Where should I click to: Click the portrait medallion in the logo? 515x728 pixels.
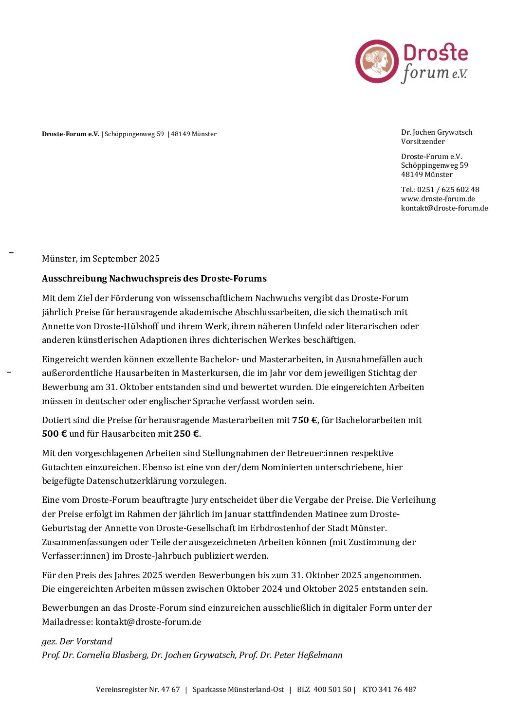pos(377,61)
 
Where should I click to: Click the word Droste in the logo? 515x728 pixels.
pos(436,53)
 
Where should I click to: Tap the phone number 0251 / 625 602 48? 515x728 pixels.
pos(448,190)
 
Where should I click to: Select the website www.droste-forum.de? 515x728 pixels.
pos(438,199)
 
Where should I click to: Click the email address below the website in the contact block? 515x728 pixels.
pos(444,208)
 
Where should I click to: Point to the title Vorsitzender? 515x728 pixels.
pos(423,142)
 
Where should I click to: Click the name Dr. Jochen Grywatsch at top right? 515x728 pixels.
pos(436,132)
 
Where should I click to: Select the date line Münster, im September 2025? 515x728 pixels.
pos(101,259)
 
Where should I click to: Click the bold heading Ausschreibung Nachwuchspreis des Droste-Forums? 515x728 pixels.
pos(154,279)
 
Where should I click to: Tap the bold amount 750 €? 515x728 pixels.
pos(305,420)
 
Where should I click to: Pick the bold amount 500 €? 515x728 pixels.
pos(54,434)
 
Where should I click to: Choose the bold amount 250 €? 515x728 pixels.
pos(186,434)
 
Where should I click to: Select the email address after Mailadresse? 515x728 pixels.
pos(148,622)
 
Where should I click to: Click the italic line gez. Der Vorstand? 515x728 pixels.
pos(77,641)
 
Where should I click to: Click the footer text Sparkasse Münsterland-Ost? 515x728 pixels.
pos(238,690)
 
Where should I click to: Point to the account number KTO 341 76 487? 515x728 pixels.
pos(389,690)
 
